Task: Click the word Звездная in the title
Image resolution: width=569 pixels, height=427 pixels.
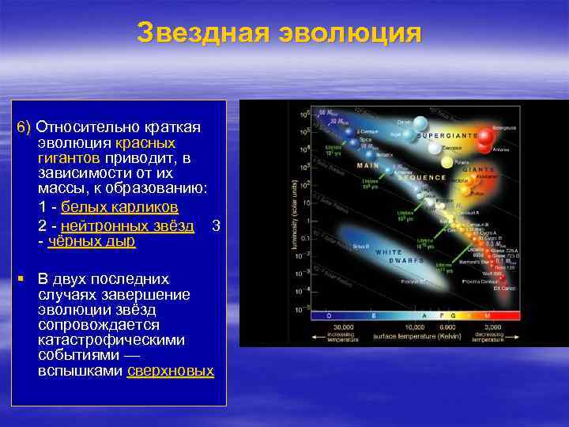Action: [204, 33]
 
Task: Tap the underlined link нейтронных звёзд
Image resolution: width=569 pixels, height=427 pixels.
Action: [127, 225]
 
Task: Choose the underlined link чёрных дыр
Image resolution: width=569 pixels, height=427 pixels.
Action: [92, 242]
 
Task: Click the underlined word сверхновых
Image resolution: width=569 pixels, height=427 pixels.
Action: [170, 371]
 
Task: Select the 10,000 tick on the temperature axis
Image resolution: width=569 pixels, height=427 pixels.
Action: [416, 327]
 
